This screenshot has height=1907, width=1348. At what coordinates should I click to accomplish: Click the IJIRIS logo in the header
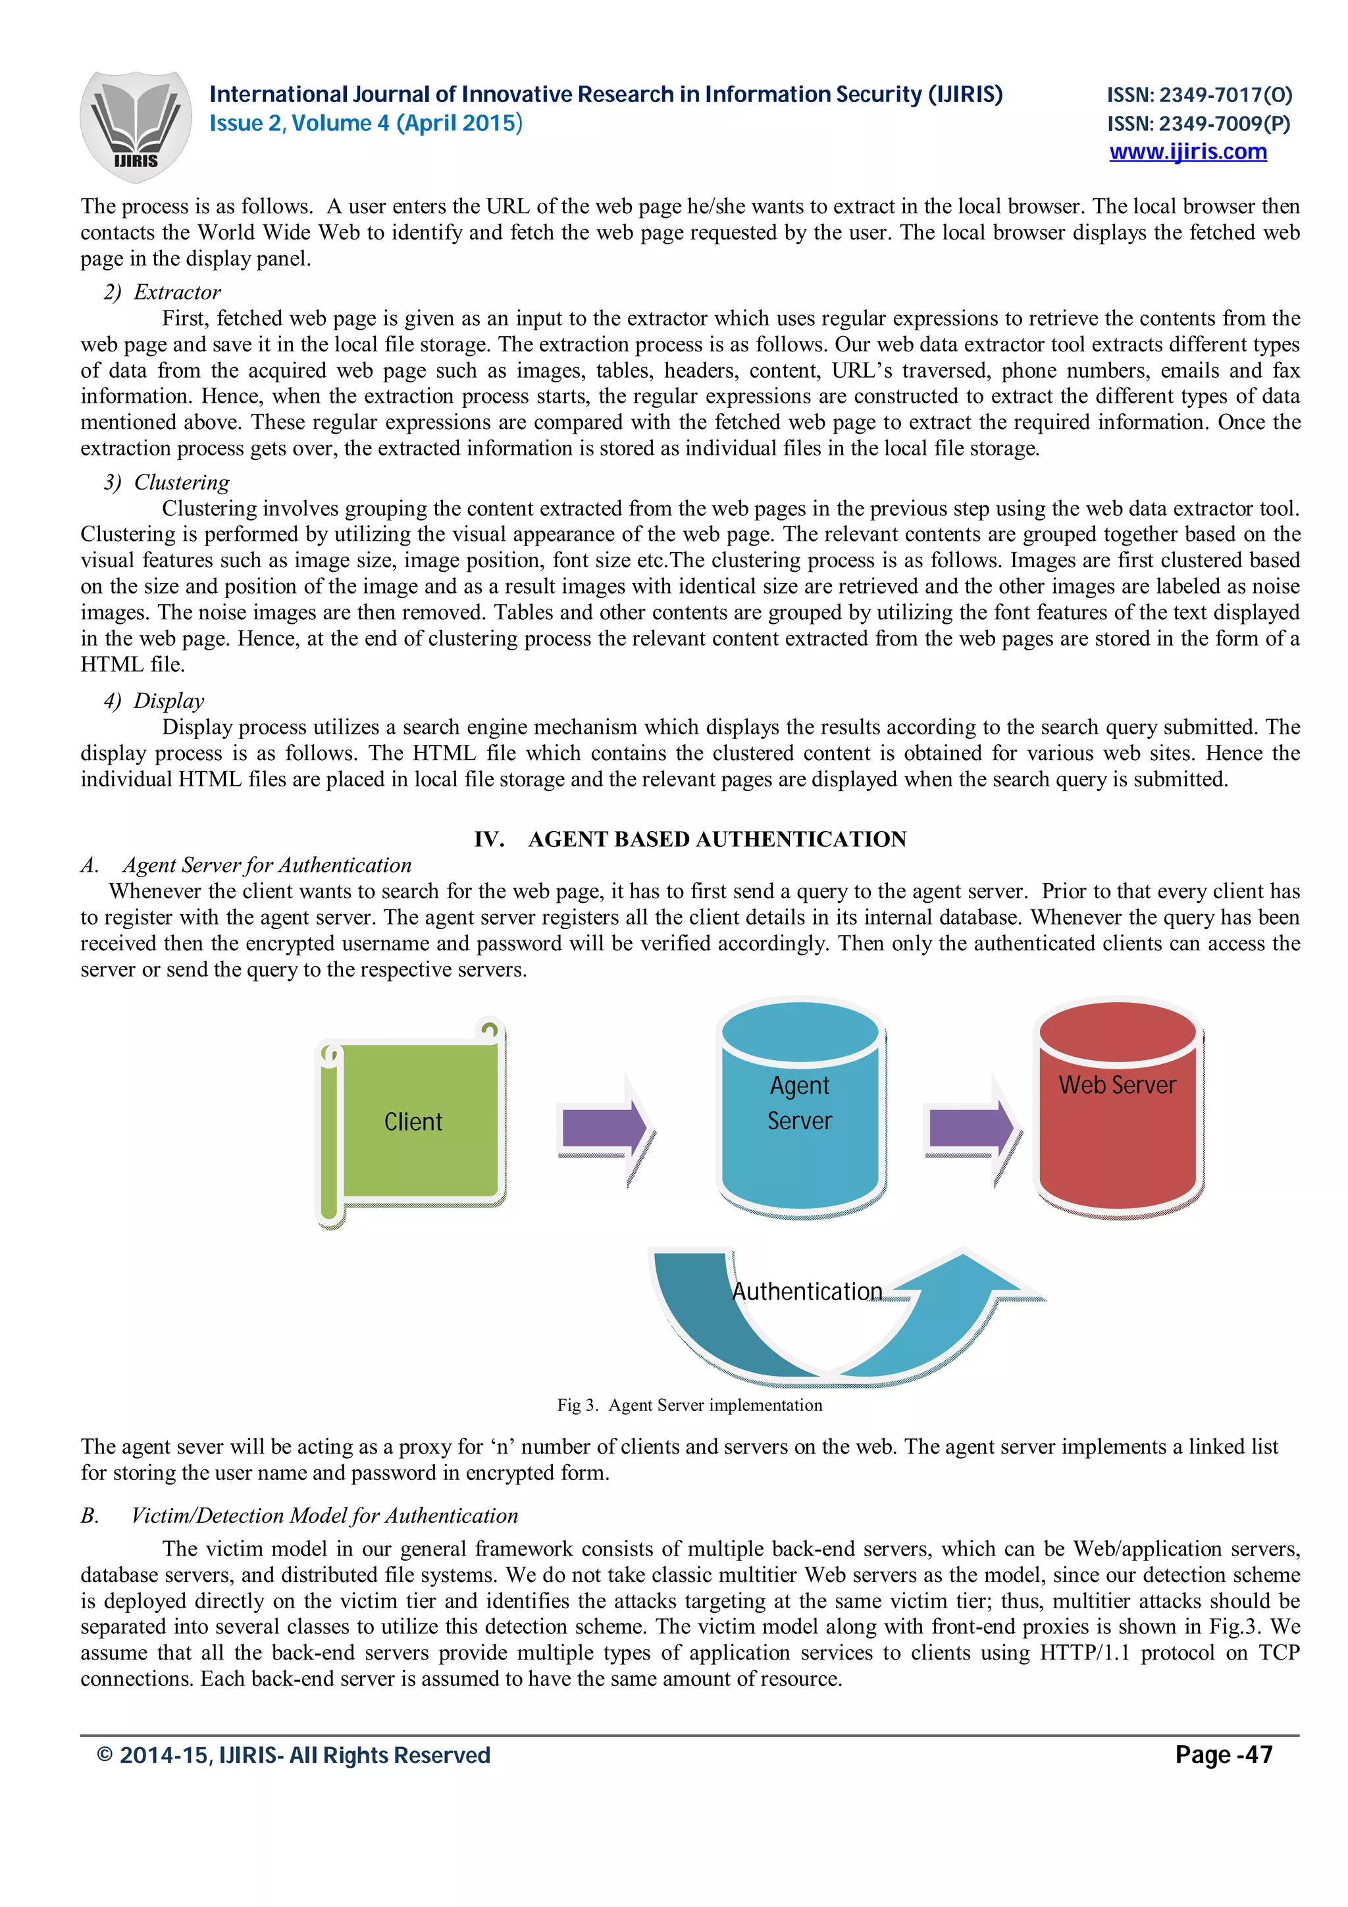click(x=136, y=126)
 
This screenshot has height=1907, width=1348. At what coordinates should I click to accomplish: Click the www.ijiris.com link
click(x=1187, y=152)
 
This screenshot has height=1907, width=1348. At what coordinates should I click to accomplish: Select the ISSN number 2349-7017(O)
click(x=1199, y=95)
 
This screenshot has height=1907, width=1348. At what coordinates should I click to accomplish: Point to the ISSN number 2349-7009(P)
click(x=1199, y=124)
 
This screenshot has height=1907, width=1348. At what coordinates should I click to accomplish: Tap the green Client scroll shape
click(x=413, y=1121)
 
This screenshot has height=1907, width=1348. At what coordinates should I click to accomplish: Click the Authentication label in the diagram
click(x=806, y=1292)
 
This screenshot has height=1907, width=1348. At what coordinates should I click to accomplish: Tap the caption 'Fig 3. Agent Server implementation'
click(x=689, y=1404)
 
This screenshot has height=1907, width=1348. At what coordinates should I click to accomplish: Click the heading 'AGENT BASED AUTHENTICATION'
click(x=716, y=839)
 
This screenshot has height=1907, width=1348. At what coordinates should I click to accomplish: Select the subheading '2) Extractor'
click(x=163, y=292)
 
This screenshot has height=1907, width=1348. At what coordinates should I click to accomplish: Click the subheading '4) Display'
click(x=155, y=701)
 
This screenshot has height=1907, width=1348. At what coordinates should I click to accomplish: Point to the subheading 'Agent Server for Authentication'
click(x=267, y=865)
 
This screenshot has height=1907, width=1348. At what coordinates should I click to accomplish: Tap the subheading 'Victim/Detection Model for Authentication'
click(x=324, y=1516)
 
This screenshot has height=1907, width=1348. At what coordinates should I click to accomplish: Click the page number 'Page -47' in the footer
click(x=1224, y=1755)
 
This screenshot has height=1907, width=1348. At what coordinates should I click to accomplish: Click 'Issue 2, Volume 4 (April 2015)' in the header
click(x=365, y=124)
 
